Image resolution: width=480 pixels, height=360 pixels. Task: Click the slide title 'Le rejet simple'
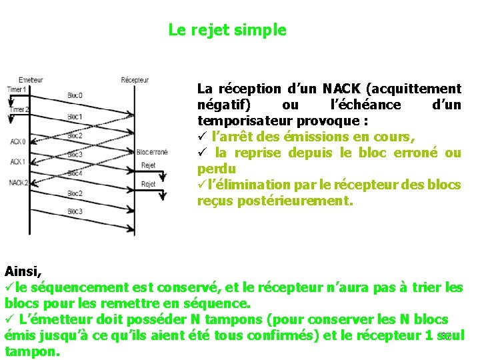click(227, 30)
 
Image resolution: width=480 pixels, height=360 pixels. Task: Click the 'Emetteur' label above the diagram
click(31, 80)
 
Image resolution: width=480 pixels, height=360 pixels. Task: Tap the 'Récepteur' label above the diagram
click(135, 80)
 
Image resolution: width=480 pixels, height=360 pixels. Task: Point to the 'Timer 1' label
click(17, 89)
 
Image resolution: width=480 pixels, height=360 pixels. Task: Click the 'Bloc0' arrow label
click(75, 95)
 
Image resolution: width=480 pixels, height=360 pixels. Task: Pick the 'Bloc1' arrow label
click(75, 117)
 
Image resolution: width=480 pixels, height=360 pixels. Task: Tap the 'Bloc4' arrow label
click(75, 173)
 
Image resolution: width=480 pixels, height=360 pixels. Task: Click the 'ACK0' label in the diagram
click(18, 141)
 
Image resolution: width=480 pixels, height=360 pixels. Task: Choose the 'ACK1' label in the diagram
click(18, 161)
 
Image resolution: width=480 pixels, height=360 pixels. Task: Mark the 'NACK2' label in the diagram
click(19, 182)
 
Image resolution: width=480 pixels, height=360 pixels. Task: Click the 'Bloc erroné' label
click(152, 152)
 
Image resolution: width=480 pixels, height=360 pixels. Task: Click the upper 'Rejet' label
click(149, 165)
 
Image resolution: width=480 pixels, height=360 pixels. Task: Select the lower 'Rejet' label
click(149, 184)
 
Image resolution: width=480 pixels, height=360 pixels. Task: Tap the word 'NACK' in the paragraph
click(341, 89)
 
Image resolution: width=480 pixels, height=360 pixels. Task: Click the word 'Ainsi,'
click(23, 271)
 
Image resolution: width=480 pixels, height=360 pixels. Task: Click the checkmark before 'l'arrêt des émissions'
click(202, 137)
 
